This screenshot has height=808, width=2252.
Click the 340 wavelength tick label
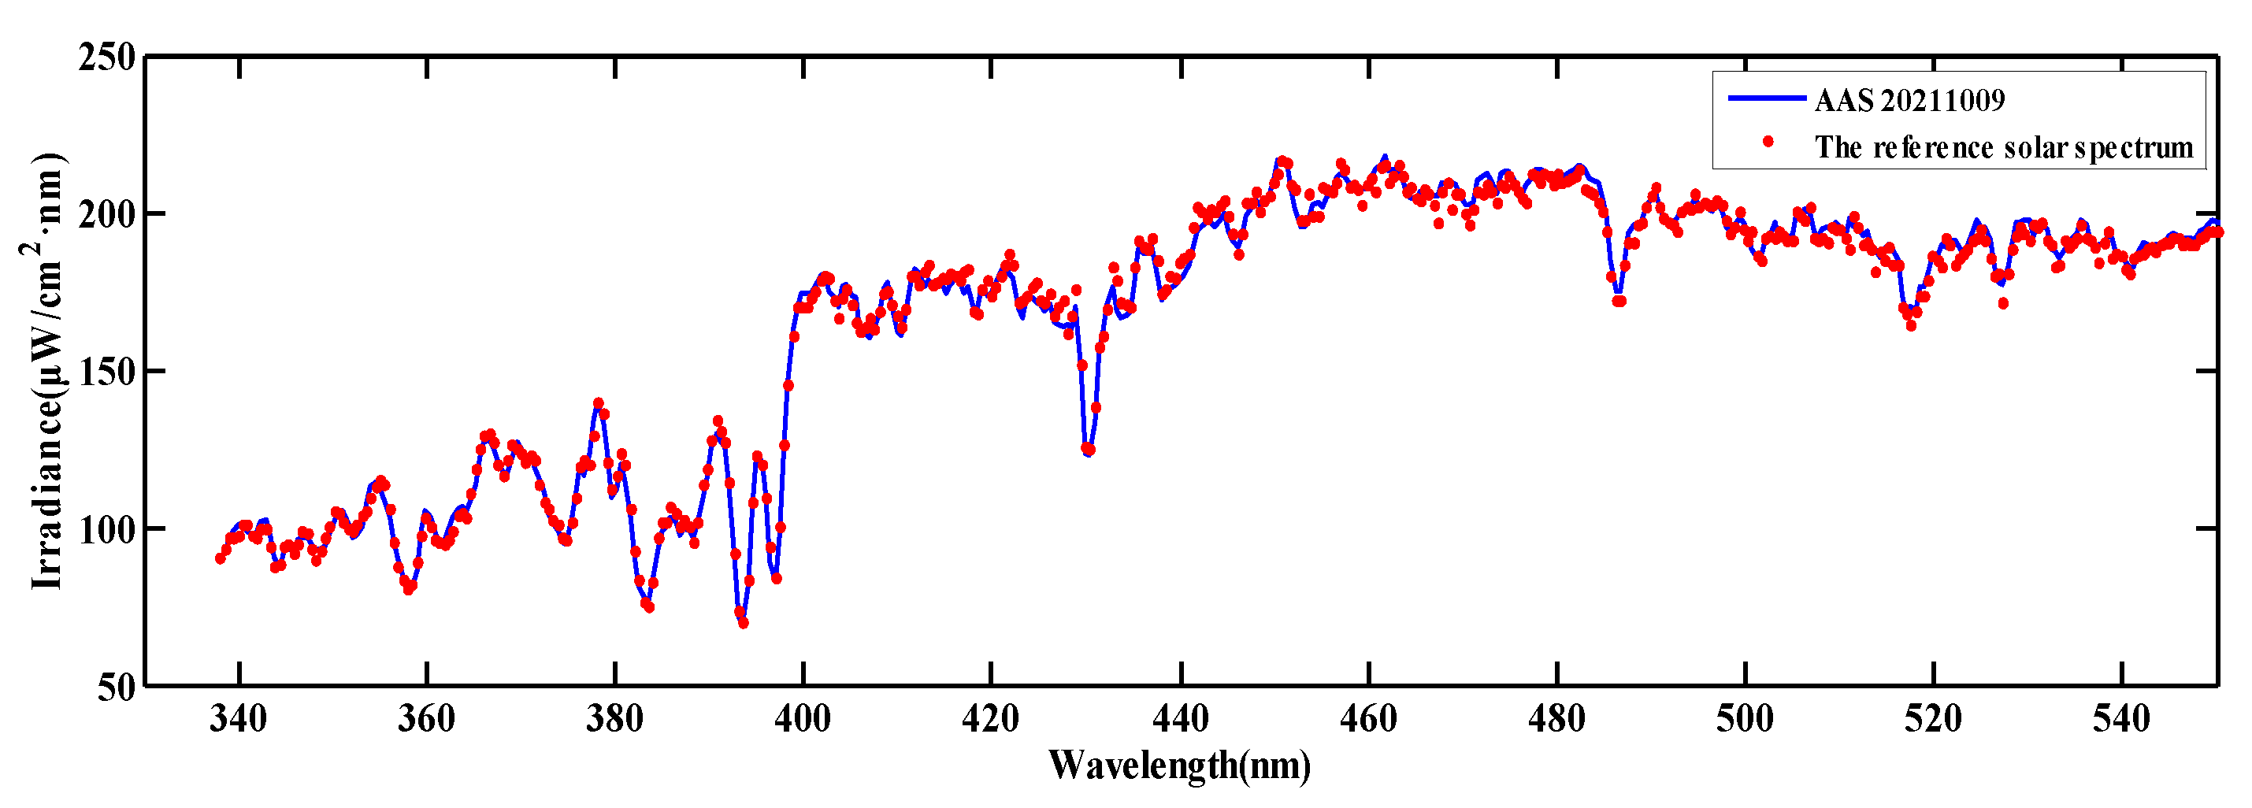(x=238, y=720)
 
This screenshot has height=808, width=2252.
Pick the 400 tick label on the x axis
(x=803, y=720)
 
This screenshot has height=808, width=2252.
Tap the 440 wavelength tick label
(x=1180, y=720)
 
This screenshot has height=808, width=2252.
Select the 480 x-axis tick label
(x=1556, y=720)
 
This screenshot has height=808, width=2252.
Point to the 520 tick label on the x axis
(x=1933, y=720)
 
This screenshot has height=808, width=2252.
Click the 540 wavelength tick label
(x=2121, y=720)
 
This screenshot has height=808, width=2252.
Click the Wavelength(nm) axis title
(x=1179, y=765)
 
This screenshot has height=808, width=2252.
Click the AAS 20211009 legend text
(x=1909, y=101)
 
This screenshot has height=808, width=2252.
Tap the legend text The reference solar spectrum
(x=2004, y=147)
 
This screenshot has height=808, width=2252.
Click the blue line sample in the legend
(x=1767, y=98)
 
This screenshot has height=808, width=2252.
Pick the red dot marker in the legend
(x=1768, y=142)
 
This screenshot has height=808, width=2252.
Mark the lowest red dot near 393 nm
(x=743, y=624)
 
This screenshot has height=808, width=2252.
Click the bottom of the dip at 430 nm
(x=1088, y=450)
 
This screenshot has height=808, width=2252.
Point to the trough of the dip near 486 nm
(x=1619, y=301)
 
